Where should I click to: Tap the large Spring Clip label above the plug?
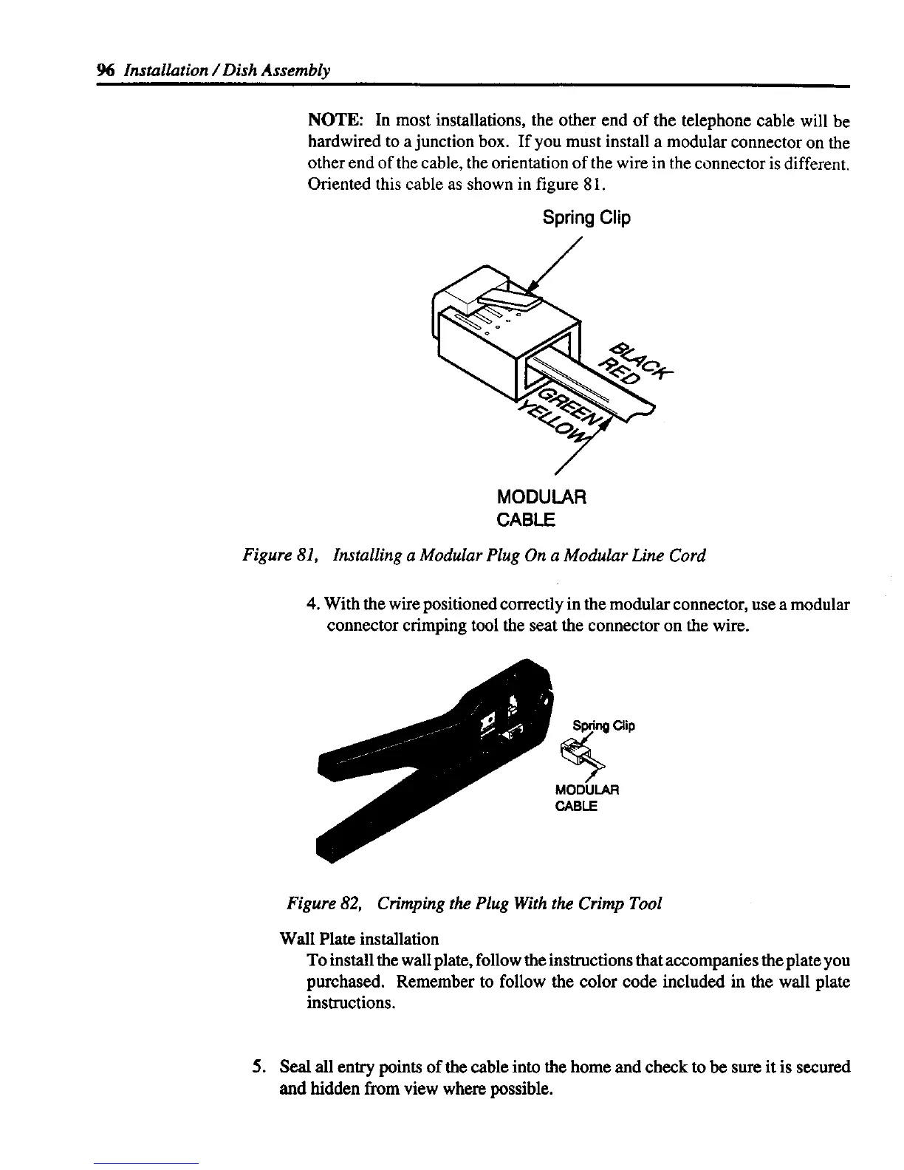pos(586,217)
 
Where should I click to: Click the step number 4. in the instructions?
pos(312,605)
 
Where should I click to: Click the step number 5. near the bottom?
pos(257,1067)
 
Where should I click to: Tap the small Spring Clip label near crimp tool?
pos(604,725)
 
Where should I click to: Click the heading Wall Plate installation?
pos(360,939)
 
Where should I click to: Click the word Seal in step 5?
pos(291,1067)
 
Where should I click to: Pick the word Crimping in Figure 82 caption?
pos(413,903)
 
